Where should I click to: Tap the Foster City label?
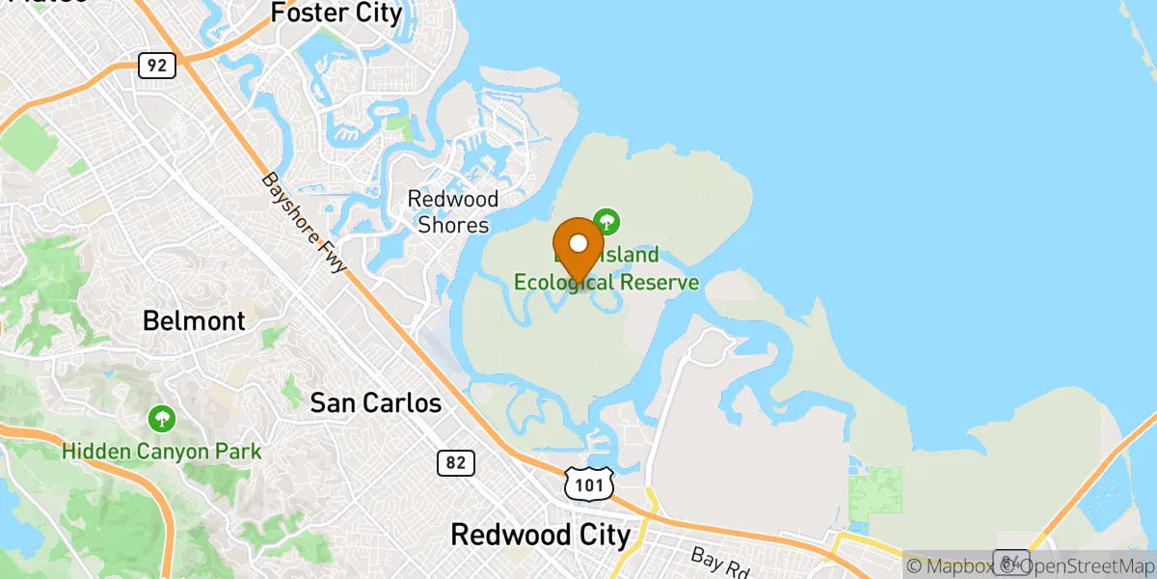[x=336, y=14]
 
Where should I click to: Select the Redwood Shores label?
[x=453, y=211]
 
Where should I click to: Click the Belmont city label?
[x=194, y=320]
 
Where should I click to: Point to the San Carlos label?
[x=376, y=403]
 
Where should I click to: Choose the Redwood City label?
[x=541, y=534]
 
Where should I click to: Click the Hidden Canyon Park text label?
[x=162, y=451]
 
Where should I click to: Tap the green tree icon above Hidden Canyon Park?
[x=162, y=419]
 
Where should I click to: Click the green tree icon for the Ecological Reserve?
[x=606, y=221]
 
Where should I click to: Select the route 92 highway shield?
[x=155, y=66]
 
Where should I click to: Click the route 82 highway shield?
[x=456, y=463]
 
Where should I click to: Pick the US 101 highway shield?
[x=589, y=485]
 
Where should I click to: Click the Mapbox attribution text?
[x=951, y=566]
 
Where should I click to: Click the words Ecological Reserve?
[x=606, y=282]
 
